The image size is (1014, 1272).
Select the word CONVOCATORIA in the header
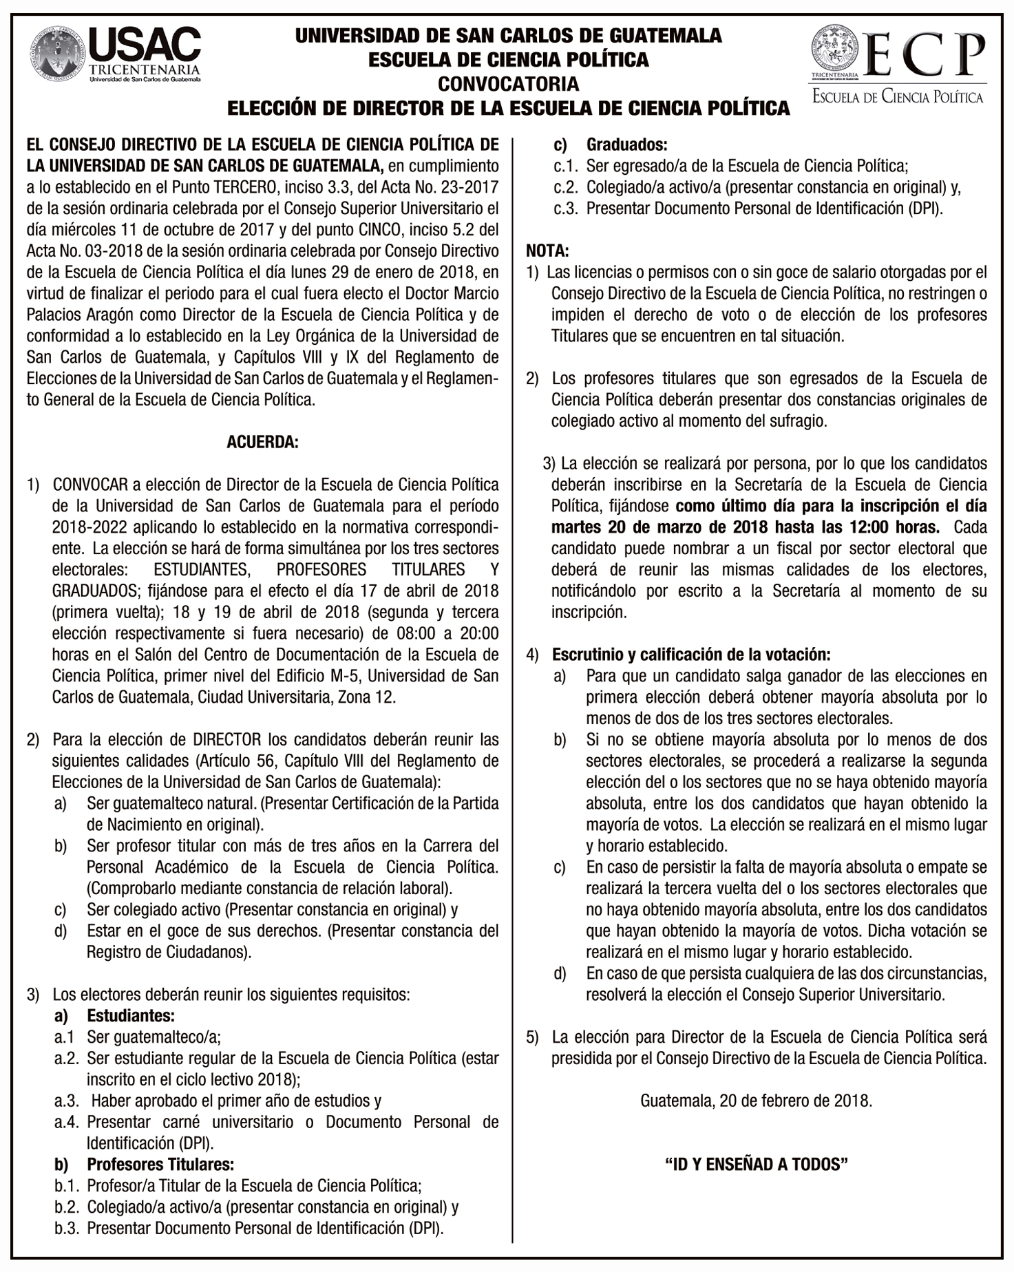pyautogui.click(x=508, y=84)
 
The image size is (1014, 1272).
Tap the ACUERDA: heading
pyautogui.click(x=262, y=442)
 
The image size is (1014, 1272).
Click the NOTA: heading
pyautogui.click(x=547, y=251)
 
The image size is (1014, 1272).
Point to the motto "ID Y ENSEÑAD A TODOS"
pyautogui.click(x=756, y=1164)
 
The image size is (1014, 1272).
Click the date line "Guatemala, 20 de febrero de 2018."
pyautogui.click(x=756, y=1101)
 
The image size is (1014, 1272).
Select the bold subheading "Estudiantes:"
pyautogui.click(x=130, y=1016)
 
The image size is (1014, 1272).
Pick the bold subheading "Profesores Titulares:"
pyautogui.click(x=160, y=1165)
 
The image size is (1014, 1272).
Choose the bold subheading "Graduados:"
pyautogui.click(x=626, y=145)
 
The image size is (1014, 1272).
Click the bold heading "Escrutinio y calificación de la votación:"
pyautogui.click(x=691, y=655)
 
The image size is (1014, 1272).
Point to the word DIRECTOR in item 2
pyautogui.click(x=226, y=740)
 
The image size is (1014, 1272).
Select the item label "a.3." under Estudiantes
pyautogui.click(x=68, y=1101)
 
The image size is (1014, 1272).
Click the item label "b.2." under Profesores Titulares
pyautogui.click(x=68, y=1207)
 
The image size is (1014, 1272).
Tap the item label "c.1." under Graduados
pyautogui.click(x=567, y=166)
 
